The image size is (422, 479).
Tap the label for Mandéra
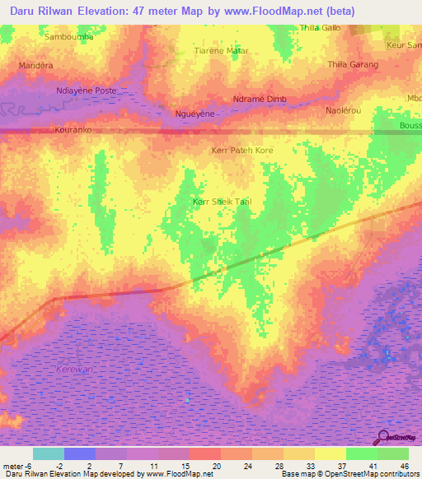[x=35, y=64]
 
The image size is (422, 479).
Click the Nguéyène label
[x=190, y=114]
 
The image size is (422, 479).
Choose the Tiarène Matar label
[x=220, y=51]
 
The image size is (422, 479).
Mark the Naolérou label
[x=344, y=109]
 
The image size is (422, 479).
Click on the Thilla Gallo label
[x=321, y=27]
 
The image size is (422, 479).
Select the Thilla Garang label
[x=353, y=64]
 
